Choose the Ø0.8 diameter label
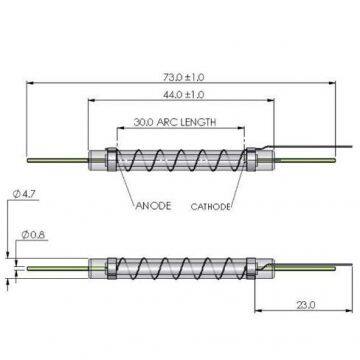pyautogui.click(x=29, y=237)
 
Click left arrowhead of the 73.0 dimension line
pyautogui.click(x=28, y=85)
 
